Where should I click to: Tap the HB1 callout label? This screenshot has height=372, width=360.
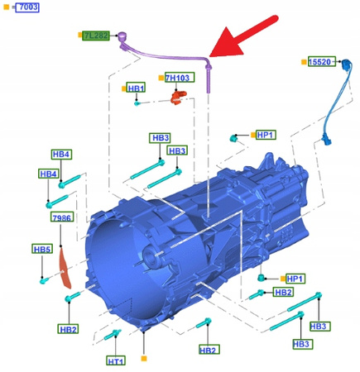(136, 88)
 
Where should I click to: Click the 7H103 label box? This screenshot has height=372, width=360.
(178, 79)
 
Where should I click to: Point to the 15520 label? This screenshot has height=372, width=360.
(320, 62)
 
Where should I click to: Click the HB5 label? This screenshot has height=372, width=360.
(42, 249)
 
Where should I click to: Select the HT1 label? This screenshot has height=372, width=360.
(115, 361)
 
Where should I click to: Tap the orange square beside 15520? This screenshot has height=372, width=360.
(303, 62)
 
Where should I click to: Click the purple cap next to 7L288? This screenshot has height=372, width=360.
(121, 36)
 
